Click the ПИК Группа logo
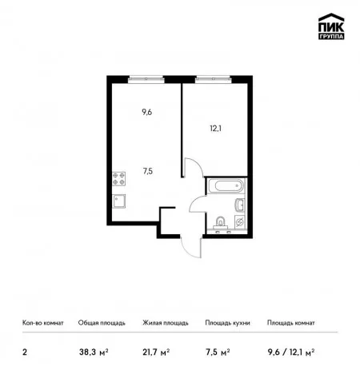pos(331,26)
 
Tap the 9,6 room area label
pos(146,113)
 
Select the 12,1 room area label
pos(215,129)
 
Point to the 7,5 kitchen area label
pos(148,171)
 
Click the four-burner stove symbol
pos(118,179)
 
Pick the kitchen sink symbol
pos(118,201)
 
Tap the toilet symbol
pos(220,223)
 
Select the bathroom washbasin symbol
pos(240,205)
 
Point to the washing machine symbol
pos(239,222)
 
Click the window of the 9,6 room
pos(146,78)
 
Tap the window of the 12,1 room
pos(213,78)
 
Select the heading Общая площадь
pos(102,323)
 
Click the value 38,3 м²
pos(94,352)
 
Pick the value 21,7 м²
pos(156,352)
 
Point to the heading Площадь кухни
pos(227,323)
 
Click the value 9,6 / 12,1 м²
pos(291,352)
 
